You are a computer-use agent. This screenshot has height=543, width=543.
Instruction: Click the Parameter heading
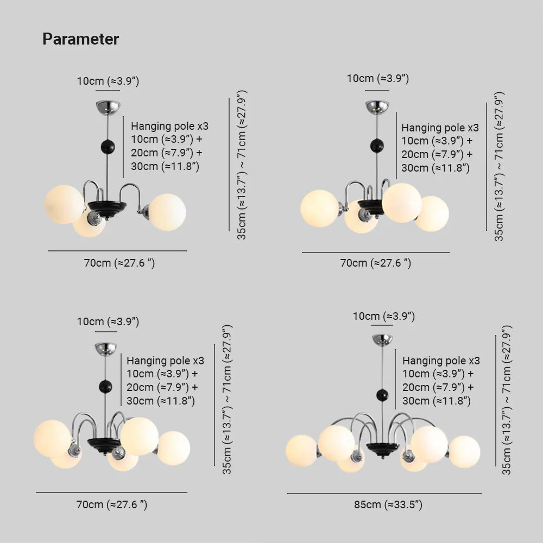[x=80, y=39]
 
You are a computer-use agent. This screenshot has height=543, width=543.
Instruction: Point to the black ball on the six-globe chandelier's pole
[x=382, y=395]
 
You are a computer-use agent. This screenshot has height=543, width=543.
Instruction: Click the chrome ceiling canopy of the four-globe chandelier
[x=377, y=106]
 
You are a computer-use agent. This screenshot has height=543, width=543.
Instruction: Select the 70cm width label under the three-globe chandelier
[x=119, y=263]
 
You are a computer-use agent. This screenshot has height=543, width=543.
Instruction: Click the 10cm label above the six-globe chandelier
[x=383, y=316]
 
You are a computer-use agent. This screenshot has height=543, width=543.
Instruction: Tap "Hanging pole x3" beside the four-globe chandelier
[x=440, y=128]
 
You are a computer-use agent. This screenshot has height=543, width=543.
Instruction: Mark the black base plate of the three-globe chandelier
[x=107, y=206]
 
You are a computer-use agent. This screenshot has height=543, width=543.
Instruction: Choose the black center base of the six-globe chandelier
[x=382, y=447]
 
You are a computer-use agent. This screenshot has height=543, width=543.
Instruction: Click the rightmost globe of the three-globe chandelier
[x=167, y=212]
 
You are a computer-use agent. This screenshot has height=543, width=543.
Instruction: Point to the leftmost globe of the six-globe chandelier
[x=301, y=450]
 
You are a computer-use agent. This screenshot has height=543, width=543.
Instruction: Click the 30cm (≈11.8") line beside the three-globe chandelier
[x=165, y=166]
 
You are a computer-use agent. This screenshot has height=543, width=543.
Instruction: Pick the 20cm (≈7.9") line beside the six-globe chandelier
[x=437, y=388]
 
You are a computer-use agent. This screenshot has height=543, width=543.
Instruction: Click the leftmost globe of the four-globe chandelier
[x=319, y=208]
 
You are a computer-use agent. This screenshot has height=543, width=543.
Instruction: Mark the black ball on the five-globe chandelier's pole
[x=105, y=387]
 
